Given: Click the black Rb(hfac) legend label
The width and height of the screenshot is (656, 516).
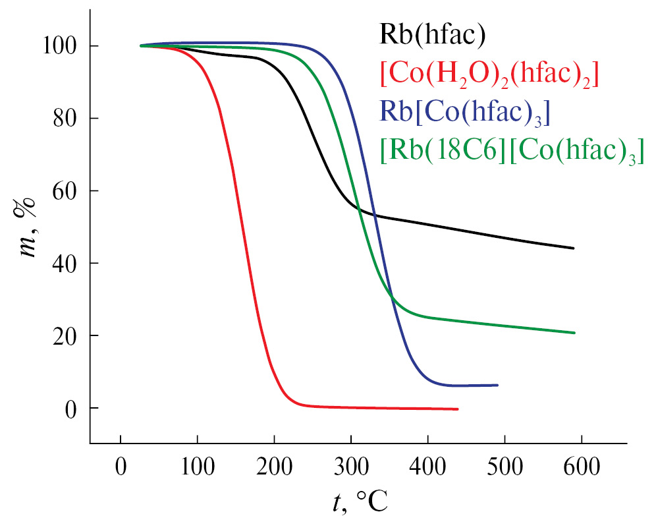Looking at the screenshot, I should point(432,34).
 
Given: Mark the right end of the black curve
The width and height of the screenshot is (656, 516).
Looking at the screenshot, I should point(574,248).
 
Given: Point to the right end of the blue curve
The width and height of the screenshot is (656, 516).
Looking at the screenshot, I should point(497,385).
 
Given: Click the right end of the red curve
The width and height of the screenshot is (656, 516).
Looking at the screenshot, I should point(457,409).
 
